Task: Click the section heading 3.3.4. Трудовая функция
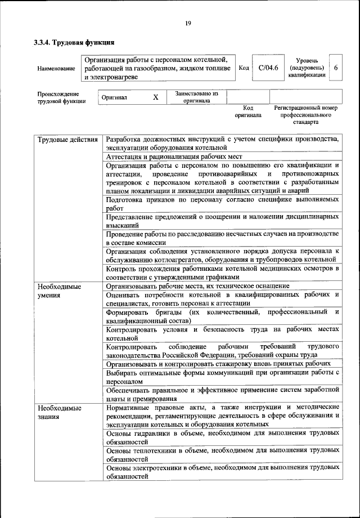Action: coord(74,42)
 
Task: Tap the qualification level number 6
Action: coord(336,68)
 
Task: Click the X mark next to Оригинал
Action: coord(156,97)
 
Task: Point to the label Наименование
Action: coord(56,69)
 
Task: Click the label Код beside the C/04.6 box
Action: coord(244,68)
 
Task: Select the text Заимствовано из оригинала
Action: coord(196,97)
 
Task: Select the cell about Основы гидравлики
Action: coord(223,438)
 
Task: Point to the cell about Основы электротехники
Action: coord(223,472)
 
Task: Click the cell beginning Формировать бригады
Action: coord(223,316)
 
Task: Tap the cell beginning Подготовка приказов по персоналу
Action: coord(223,203)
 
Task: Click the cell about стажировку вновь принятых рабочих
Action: coord(223,364)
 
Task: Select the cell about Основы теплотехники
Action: coord(223,455)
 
